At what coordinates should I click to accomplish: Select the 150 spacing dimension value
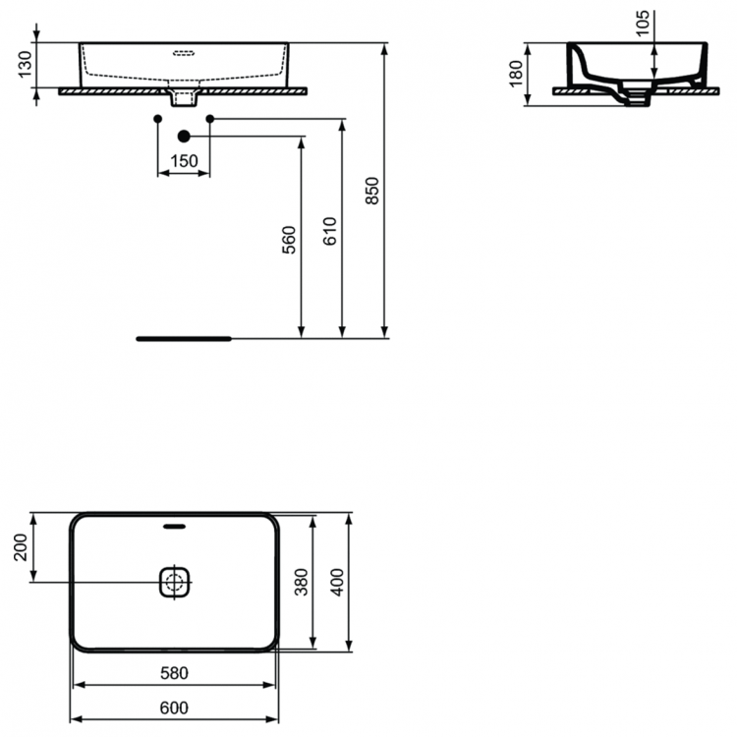184,161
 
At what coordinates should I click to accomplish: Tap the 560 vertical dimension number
288,241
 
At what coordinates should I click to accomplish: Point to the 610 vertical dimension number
329,232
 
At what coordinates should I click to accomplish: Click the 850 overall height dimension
371,192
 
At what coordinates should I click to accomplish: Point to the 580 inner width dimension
174,673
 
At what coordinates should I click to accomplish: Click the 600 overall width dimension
174,708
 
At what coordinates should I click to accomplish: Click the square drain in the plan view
176,582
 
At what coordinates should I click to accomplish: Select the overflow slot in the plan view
176,525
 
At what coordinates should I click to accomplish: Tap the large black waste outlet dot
184,136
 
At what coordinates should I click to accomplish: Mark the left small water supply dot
158,119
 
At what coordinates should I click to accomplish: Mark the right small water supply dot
209,119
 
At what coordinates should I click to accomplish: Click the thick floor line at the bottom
184,337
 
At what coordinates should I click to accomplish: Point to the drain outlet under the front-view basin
183,97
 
